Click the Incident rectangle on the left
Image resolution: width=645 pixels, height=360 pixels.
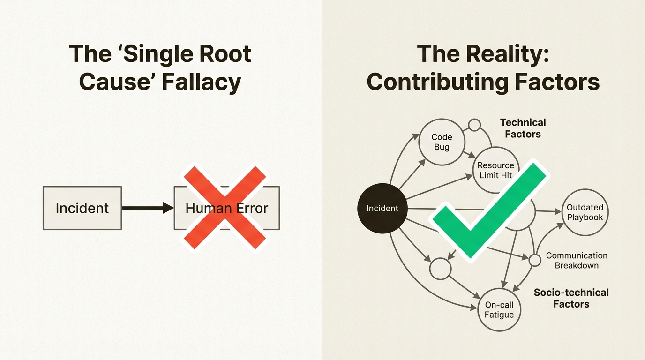(x=82, y=208)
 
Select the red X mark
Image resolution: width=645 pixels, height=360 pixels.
(x=225, y=208)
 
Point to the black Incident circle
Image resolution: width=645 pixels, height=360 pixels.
(x=382, y=208)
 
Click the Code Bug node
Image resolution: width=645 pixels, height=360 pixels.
(x=442, y=142)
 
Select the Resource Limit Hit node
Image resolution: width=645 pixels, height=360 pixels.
(x=496, y=171)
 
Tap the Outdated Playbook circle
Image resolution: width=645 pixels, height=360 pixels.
(x=585, y=212)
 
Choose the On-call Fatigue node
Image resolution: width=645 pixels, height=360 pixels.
(x=499, y=310)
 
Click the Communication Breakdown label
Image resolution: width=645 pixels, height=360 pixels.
(x=577, y=261)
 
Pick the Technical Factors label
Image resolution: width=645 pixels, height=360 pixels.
(x=523, y=128)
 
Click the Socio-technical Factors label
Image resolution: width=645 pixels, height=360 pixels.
(x=571, y=298)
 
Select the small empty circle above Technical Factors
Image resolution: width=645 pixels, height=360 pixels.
(x=475, y=125)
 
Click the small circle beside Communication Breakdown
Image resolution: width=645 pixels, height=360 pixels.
(x=534, y=260)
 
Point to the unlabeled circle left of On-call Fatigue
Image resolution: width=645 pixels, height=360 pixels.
(x=440, y=269)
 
